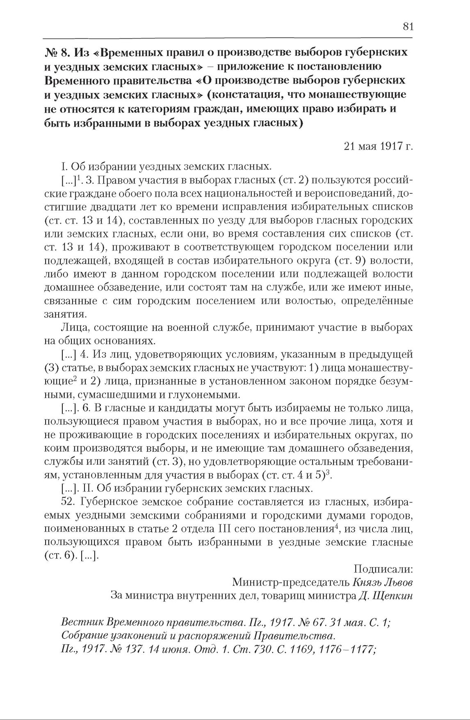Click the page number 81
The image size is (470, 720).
point(408,27)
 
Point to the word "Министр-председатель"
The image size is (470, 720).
point(290,582)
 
